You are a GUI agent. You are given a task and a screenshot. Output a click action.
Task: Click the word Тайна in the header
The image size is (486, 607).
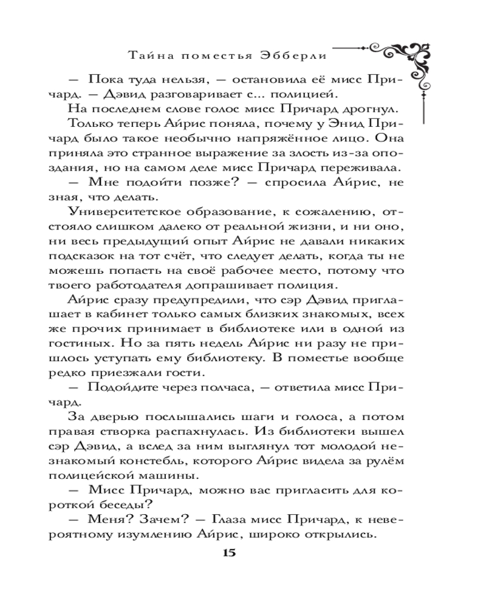(x=146, y=55)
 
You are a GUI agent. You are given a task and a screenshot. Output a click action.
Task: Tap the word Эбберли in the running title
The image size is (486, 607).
(x=303, y=55)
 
